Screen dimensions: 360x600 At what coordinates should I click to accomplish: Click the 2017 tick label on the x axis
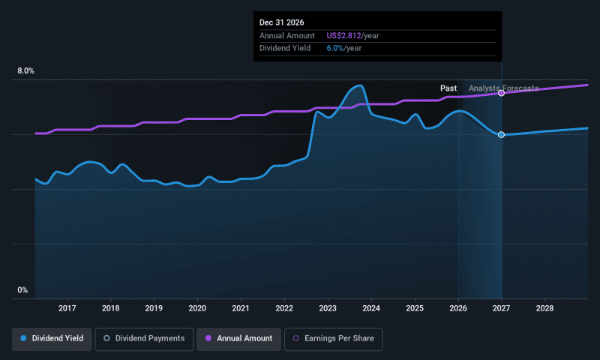(x=67, y=308)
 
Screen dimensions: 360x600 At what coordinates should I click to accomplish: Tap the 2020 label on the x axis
(x=197, y=308)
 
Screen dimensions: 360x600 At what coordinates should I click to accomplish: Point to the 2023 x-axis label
(x=328, y=308)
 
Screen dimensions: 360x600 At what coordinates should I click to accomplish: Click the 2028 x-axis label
(x=545, y=308)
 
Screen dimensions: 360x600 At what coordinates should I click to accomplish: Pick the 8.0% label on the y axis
(x=25, y=71)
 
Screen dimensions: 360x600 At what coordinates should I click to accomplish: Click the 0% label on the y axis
(x=22, y=290)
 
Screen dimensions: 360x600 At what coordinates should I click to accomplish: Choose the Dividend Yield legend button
(x=52, y=339)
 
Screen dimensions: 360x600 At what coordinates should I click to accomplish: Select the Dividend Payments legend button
(x=144, y=339)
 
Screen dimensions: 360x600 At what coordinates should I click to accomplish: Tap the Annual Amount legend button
(x=239, y=339)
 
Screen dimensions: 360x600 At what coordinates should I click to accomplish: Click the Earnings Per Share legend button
(x=334, y=339)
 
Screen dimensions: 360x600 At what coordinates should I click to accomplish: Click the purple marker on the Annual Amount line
(x=501, y=93)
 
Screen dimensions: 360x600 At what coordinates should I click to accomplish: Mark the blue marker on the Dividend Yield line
(x=501, y=134)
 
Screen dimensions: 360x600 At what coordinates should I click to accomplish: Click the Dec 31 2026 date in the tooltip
(x=282, y=23)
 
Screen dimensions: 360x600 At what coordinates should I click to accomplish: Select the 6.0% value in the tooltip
(x=335, y=47)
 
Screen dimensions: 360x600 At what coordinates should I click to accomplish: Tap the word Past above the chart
(x=448, y=88)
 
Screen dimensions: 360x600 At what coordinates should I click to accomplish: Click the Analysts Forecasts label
(x=503, y=88)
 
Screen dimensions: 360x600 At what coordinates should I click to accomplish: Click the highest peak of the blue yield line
(x=360, y=85)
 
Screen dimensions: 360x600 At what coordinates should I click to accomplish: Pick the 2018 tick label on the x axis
(x=111, y=308)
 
